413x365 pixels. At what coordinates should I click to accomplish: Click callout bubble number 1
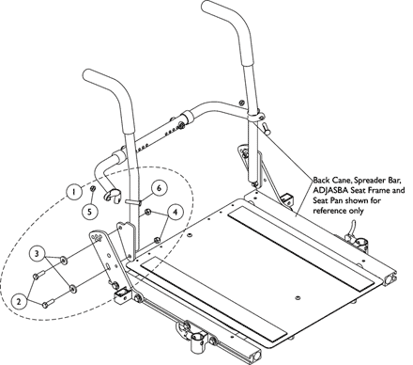point(73,192)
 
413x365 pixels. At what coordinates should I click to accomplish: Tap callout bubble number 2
point(19,301)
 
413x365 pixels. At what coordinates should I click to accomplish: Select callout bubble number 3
point(38,253)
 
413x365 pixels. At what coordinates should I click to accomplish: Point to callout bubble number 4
point(175,212)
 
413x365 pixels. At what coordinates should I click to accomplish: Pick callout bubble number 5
point(90,212)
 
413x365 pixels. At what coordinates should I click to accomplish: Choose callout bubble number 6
point(159,188)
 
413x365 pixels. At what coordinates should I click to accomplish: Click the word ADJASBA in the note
point(329,190)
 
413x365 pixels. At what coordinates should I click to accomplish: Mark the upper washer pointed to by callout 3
point(63,260)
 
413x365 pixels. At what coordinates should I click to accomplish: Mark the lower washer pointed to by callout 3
point(72,289)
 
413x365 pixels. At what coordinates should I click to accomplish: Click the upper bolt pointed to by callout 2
point(39,275)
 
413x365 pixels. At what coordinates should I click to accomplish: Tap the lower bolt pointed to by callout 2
point(48,303)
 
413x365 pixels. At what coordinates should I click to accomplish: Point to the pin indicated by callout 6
point(133,200)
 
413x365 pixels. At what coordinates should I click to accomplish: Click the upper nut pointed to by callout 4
point(148,212)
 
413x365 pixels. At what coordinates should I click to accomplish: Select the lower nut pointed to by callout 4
point(158,240)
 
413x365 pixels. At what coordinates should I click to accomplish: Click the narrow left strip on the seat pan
point(214,299)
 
